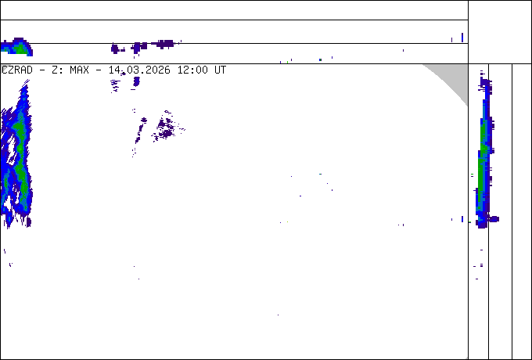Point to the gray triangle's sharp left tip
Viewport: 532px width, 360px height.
424,65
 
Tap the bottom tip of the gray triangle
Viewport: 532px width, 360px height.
467,106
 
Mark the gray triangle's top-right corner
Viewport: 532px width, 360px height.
467,65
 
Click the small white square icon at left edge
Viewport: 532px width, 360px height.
5,69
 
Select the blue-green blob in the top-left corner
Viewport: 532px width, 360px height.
16,48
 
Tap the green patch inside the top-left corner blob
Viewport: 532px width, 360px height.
18,49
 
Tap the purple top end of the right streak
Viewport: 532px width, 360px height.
483,78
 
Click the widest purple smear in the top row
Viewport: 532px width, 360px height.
164,44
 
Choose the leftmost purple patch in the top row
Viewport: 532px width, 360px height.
117,49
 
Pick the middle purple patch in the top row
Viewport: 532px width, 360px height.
139,47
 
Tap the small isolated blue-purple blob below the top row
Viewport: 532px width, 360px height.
136,81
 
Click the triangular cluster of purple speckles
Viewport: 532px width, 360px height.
164,125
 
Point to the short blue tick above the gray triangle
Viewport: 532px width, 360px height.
462,37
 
